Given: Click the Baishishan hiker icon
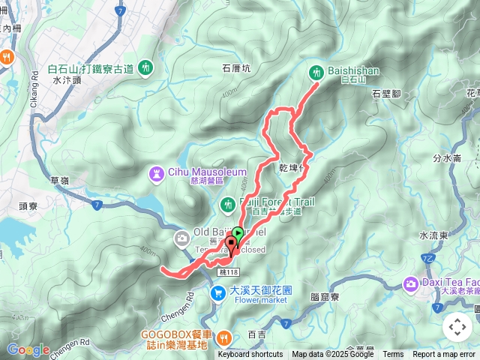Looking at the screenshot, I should coord(316,72).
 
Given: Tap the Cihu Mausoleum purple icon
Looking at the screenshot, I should coord(156,174).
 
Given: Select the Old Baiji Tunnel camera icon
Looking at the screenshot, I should coord(181,238).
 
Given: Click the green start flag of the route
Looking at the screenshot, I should coord(237,233).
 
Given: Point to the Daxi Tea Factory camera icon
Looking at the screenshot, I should coord(411,283).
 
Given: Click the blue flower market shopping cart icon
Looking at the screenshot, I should coord(217,292).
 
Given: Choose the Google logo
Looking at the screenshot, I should coord(28,349).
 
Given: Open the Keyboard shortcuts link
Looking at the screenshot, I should coord(250,355).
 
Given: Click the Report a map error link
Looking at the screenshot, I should coord(444,355).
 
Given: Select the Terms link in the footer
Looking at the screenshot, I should coord(393,355).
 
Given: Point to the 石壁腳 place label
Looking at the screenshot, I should coord(387,93).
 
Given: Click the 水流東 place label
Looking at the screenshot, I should coord(433,235).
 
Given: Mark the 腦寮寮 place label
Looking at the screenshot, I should coord(324,297).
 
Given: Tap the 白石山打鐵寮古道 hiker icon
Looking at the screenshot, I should coord(145,67).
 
